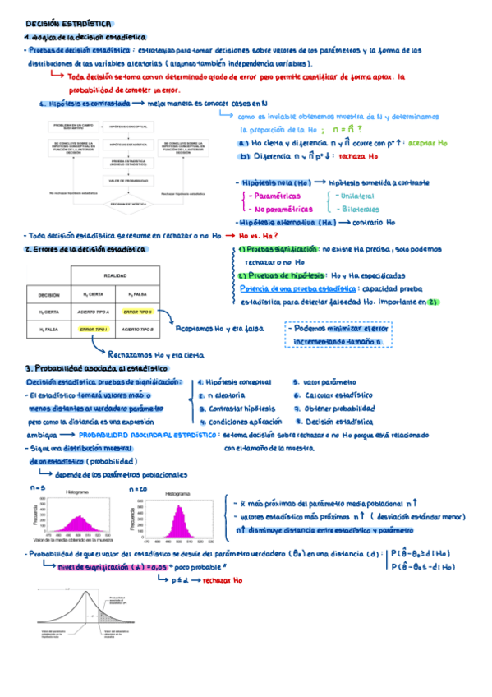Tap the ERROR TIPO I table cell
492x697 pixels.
[94, 330]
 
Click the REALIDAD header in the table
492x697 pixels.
[115, 276]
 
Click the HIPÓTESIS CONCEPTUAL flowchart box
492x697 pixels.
[128, 126]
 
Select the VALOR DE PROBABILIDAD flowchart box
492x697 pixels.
[128, 179]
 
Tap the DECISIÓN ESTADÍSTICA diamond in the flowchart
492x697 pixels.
[128, 201]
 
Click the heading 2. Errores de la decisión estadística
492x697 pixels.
[85, 247]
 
